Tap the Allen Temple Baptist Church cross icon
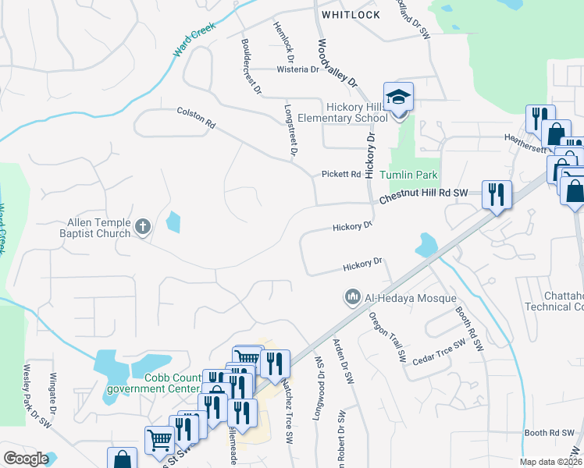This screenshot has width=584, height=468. click(142, 227)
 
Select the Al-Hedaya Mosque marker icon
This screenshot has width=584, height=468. click(351, 297)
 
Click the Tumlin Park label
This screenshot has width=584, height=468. click(409, 175)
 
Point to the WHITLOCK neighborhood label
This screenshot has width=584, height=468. click(351, 15)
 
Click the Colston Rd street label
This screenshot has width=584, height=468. click(196, 118)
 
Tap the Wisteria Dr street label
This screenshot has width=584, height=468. click(298, 69)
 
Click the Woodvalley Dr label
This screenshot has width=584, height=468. click(337, 64)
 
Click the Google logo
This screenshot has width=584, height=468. click(26, 459)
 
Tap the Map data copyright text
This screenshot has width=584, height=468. click(550, 462)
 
